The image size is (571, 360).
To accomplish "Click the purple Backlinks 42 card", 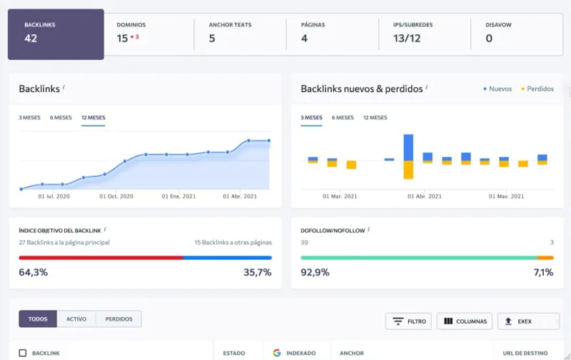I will click(x=56, y=34).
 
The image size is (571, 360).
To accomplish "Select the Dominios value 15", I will click(x=122, y=38).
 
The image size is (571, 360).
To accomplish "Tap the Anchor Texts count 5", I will click(x=212, y=38).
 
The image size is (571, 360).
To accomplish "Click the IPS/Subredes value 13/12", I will click(x=407, y=38).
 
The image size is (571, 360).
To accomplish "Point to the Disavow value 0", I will click(x=489, y=38).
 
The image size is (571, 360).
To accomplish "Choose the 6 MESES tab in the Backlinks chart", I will click(x=61, y=118).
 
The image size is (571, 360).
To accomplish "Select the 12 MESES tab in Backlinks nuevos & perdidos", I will click(x=375, y=118).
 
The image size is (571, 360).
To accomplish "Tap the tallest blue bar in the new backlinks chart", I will click(x=408, y=147).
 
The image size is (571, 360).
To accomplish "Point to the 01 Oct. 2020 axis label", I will click(x=116, y=196).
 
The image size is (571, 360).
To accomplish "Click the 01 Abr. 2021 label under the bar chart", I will click(x=424, y=196).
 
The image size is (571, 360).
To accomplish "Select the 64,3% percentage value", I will click(x=33, y=272).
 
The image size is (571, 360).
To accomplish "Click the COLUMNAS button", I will click(x=465, y=321).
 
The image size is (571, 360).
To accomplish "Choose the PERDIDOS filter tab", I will click(x=118, y=319).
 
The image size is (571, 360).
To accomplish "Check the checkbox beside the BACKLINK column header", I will click(x=23, y=353).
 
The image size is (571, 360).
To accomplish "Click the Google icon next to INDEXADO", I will click(x=277, y=353).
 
